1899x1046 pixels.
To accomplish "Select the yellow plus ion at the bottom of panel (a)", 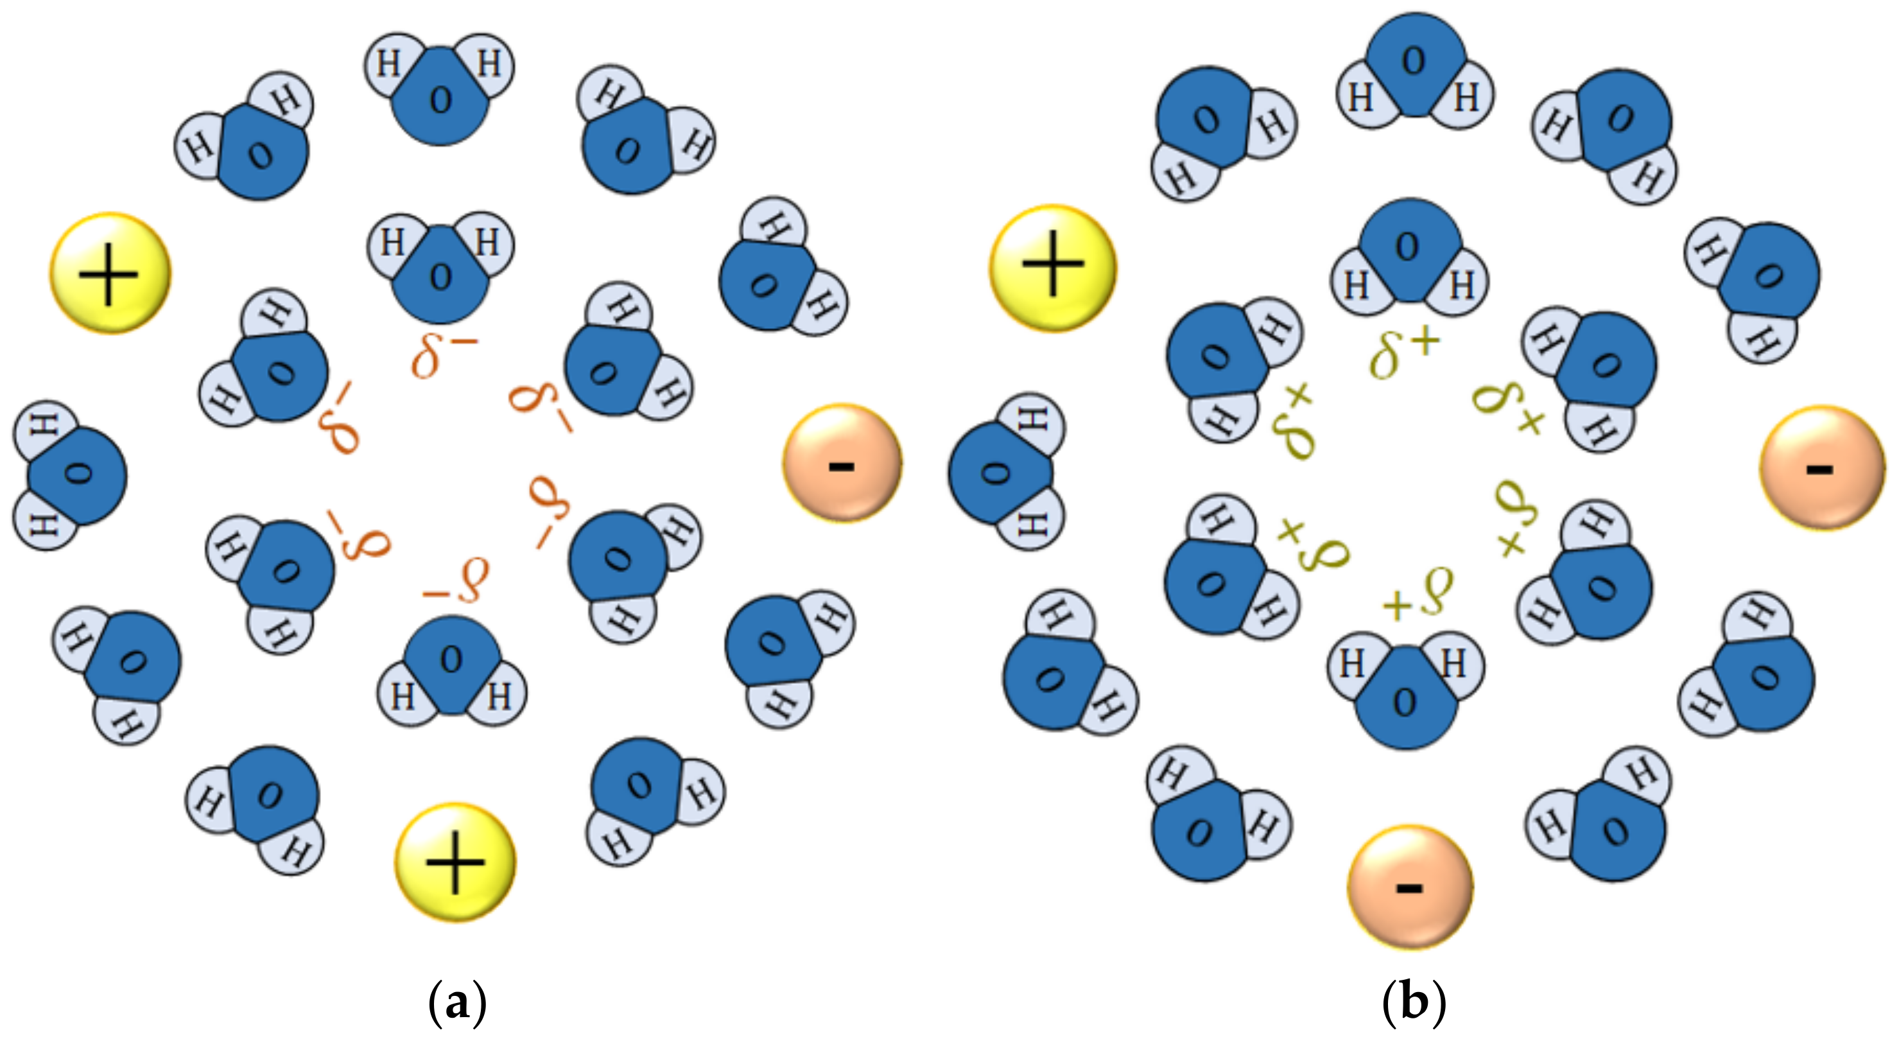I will click(455, 862).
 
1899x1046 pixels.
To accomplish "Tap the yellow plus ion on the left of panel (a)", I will click(110, 274).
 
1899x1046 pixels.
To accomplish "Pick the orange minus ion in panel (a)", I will click(842, 464).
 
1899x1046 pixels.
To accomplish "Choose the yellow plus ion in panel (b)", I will click(1052, 268).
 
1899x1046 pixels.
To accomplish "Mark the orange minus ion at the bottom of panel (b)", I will click(1410, 887).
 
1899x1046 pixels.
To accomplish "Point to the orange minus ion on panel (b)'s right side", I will click(1821, 467).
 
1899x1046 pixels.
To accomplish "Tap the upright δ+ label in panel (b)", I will click(1403, 353).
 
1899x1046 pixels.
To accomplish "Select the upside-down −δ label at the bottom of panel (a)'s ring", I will click(456, 582).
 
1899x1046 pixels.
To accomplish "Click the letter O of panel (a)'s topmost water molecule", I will click(440, 100).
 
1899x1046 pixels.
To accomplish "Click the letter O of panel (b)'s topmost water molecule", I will click(1413, 60).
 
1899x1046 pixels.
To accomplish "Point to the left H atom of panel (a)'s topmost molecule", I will click(389, 64).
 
